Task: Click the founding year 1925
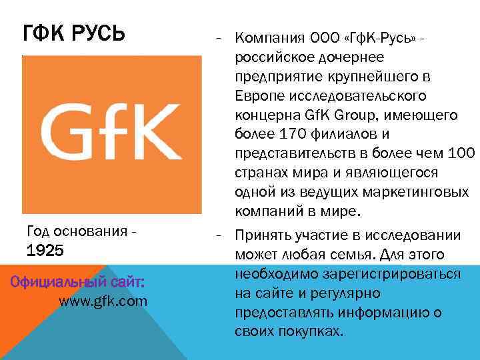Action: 45,251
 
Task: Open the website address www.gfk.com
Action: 103,301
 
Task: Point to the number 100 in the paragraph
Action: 461,153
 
